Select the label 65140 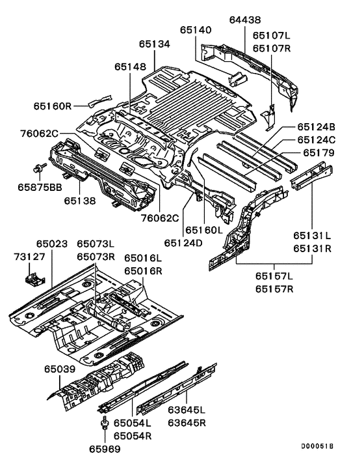(x=196, y=30)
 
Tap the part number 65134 (x=155, y=44)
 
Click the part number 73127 (x=29, y=257)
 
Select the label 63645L (x=187, y=410)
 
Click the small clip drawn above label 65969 (x=103, y=426)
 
